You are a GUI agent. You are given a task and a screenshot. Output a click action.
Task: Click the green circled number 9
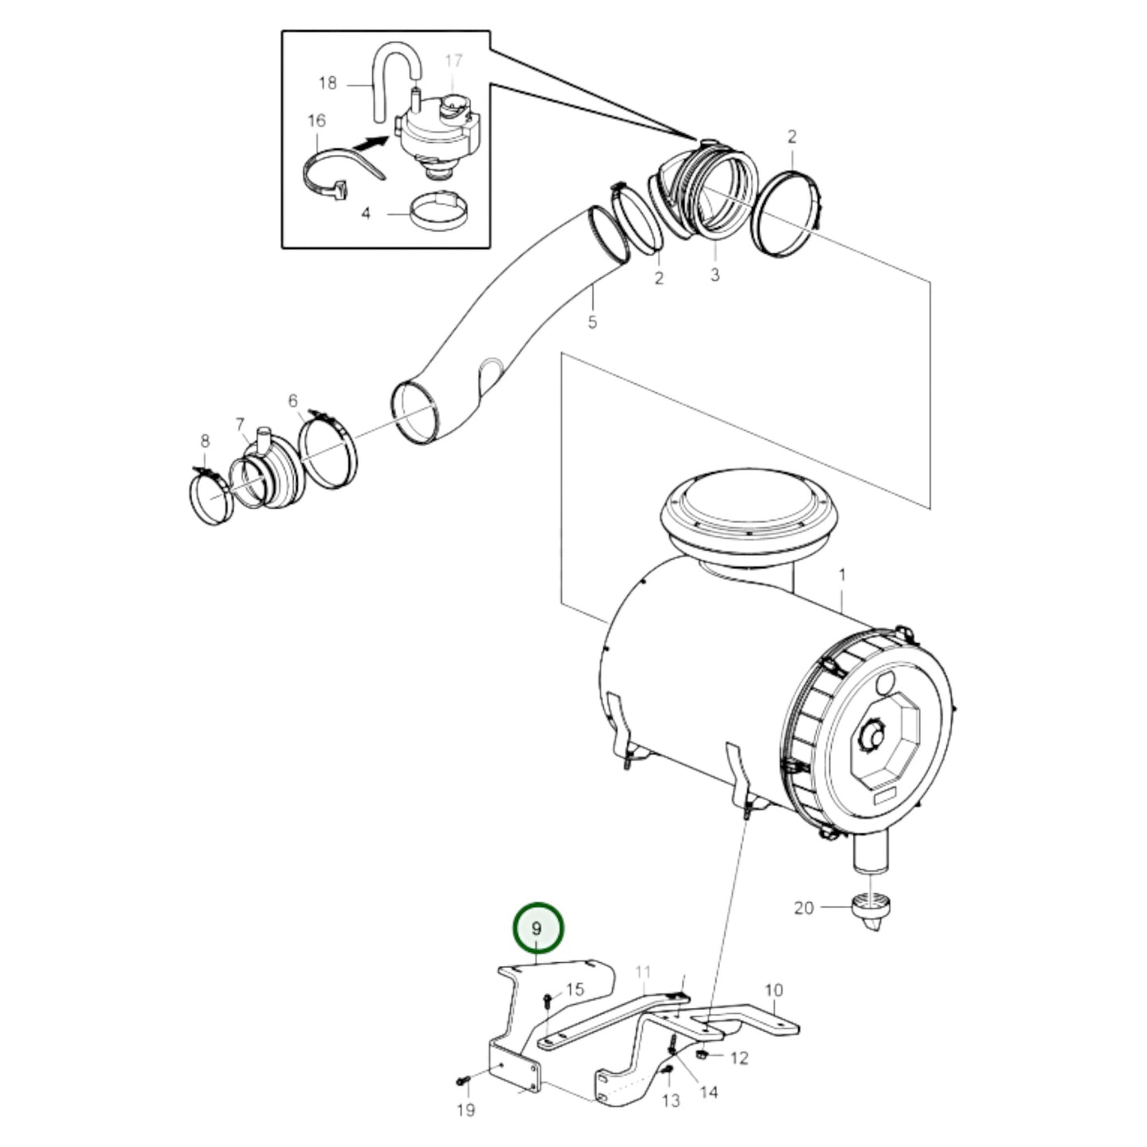(537, 928)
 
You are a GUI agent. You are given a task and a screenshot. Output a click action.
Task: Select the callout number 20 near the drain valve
(804, 906)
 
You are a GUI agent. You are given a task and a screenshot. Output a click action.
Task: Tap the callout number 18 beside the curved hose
(328, 83)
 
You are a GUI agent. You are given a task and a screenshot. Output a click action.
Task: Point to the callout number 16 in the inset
(317, 121)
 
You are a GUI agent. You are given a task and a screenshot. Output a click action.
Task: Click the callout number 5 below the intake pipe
(592, 322)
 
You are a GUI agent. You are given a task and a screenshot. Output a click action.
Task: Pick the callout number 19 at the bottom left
(466, 1110)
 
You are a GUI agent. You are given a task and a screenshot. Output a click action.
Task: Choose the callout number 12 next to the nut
(739, 1057)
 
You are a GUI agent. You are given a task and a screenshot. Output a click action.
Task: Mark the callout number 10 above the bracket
(774, 990)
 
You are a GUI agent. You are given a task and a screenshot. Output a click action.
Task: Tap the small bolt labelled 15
(548, 1001)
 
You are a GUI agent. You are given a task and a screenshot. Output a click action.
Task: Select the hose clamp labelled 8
(210, 498)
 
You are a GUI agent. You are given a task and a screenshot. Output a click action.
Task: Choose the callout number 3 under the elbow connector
(714, 275)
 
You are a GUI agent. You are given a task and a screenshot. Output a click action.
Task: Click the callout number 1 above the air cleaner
(842, 574)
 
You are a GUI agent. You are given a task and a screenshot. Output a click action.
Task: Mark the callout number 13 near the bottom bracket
(672, 1100)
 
